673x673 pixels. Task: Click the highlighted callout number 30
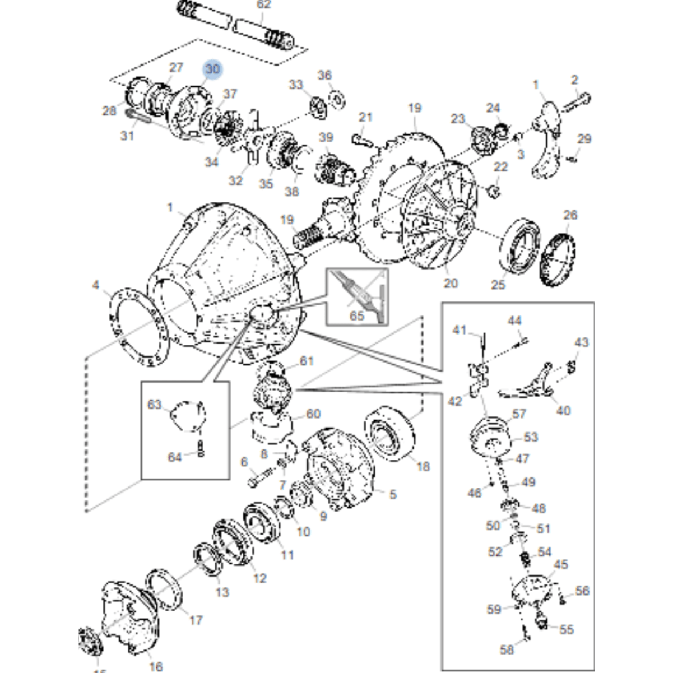pyautogui.click(x=212, y=69)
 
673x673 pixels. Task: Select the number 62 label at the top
pyautogui.click(x=263, y=5)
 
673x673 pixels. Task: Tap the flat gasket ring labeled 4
pyautogui.click(x=136, y=328)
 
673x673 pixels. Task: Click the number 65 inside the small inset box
pyautogui.click(x=357, y=315)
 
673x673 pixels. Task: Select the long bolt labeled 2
pyautogui.click(x=576, y=104)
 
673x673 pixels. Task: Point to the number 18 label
pyautogui.click(x=423, y=466)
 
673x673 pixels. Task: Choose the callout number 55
pyautogui.click(x=567, y=629)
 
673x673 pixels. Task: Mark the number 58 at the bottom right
pyautogui.click(x=507, y=649)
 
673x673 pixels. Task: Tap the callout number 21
pyautogui.click(x=365, y=118)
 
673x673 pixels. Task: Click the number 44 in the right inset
pyautogui.click(x=514, y=321)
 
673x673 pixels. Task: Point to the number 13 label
pyautogui.click(x=222, y=592)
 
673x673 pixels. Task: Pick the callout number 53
pyautogui.click(x=530, y=437)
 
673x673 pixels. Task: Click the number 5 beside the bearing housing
pyautogui.click(x=393, y=494)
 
